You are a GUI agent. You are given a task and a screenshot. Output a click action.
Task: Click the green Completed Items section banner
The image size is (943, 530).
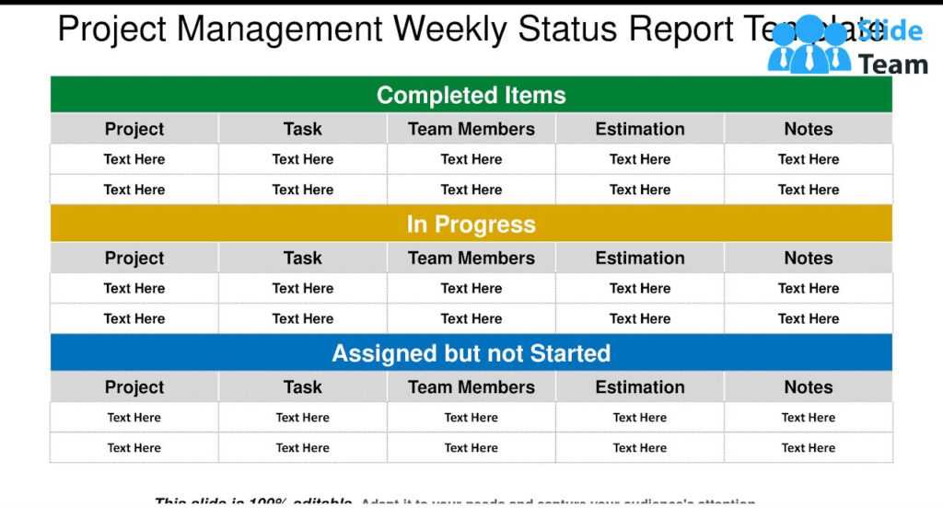click(471, 95)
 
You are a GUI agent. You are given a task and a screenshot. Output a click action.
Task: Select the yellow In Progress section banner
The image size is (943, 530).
click(471, 225)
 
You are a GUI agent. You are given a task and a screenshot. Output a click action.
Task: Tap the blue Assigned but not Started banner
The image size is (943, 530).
click(471, 353)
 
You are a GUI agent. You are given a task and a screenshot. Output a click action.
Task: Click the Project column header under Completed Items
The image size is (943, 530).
click(134, 129)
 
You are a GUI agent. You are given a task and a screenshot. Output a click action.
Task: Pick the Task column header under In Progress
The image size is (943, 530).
click(302, 259)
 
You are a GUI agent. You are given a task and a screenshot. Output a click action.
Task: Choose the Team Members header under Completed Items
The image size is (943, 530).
click(471, 129)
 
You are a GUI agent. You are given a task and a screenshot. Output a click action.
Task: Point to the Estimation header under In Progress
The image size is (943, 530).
click(639, 259)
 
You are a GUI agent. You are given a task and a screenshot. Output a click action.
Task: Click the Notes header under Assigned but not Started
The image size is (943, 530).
click(808, 387)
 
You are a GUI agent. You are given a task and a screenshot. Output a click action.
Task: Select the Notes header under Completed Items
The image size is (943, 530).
click(808, 129)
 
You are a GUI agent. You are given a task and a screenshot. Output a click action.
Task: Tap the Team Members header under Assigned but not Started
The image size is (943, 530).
click(471, 387)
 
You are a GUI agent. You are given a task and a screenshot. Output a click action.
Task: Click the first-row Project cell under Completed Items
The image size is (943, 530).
click(134, 159)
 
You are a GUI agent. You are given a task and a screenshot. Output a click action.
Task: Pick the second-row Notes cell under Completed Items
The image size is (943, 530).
click(808, 190)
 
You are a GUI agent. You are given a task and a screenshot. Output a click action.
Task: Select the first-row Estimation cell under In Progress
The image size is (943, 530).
click(639, 288)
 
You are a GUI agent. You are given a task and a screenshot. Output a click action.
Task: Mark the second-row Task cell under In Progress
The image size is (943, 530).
click(302, 318)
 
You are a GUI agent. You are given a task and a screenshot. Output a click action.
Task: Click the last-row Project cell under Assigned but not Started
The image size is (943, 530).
click(134, 448)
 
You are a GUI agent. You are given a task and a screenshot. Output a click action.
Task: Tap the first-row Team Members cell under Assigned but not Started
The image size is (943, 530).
click(471, 418)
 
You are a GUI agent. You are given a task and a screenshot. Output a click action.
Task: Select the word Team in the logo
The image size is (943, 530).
click(892, 64)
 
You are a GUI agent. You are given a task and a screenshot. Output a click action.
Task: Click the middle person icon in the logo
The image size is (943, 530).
click(809, 46)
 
